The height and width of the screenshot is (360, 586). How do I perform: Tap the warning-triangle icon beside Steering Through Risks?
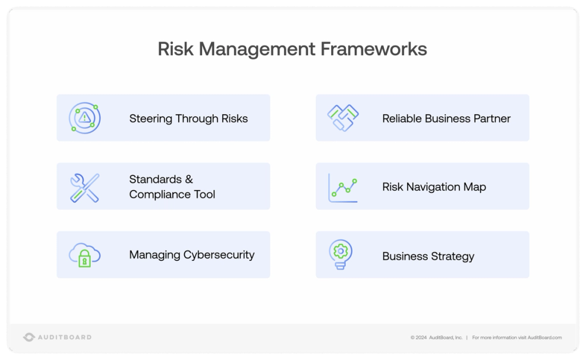click(85, 117)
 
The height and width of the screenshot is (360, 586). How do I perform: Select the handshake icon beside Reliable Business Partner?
click(343, 117)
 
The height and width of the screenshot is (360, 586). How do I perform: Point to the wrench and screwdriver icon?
click(85, 188)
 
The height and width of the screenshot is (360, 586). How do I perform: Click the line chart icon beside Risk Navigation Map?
click(343, 188)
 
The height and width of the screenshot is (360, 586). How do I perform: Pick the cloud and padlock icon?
click(85, 255)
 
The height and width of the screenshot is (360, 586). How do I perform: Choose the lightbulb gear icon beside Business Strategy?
click(339, 254)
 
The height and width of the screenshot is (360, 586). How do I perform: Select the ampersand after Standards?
click(189, 179)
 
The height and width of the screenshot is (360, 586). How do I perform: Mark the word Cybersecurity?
click(219, 255)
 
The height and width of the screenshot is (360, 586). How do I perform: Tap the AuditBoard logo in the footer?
click(57, 337)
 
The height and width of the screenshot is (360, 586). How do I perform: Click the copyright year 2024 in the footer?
click(421, 338)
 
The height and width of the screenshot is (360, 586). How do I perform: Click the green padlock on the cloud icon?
click(85, 260)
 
